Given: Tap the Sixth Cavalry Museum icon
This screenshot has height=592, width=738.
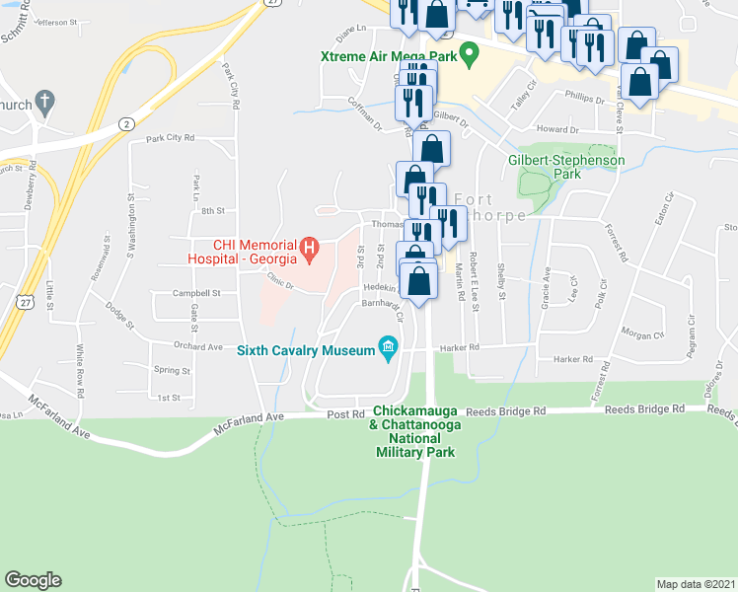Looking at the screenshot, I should [388, 347].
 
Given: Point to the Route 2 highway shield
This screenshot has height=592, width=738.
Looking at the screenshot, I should [126, 123].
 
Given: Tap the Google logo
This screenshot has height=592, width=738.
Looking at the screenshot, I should [33, 580].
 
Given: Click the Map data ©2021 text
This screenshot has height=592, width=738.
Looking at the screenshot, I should [697, 584].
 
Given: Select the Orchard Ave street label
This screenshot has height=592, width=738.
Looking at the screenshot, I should [197, 346].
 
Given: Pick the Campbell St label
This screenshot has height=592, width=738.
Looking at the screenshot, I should [195, 293].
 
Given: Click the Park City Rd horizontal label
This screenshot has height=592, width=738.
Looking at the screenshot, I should [171, 138].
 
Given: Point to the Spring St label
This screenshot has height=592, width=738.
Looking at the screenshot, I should [173, 371].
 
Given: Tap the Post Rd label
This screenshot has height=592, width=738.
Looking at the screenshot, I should [345, 414].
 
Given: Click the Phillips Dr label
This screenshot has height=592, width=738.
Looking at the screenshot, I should [584, 99].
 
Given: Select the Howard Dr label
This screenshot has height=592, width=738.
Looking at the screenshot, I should [557, 129].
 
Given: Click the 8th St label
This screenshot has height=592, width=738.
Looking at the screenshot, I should [213, 210].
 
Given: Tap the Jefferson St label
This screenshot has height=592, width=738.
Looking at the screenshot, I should [55, 21].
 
